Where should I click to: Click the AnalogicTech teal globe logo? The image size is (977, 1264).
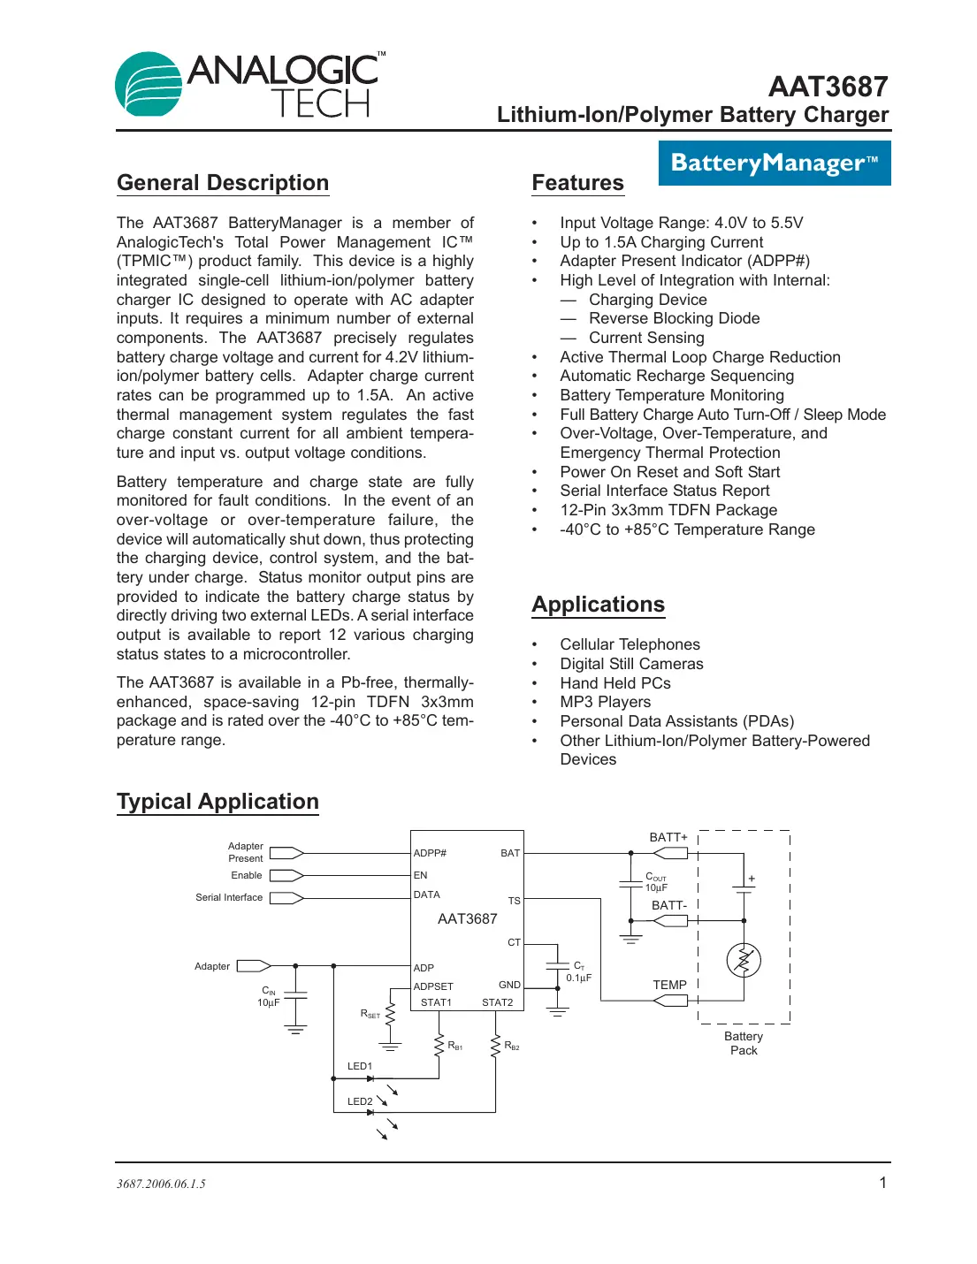click(x=149, y=84)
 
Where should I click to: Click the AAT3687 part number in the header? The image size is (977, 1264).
click(x=828, y=87)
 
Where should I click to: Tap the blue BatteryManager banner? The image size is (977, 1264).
click(x=774, y=164)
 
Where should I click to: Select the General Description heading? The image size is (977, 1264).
click(x=223, y=183)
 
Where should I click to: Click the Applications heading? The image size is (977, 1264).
click(x=598, y=605)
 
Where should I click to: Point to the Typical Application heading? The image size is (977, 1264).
click(x=218, y=802)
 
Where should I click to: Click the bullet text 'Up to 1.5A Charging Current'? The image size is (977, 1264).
click(x=661, y=242)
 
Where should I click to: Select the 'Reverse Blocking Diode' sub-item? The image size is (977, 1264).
click(x=674, y=318)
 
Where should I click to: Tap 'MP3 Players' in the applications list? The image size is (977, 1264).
click(x=605, y=702)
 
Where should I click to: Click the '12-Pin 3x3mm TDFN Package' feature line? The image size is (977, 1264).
click(x=668, y=510)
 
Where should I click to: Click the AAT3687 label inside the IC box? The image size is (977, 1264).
click(x=467, y=919)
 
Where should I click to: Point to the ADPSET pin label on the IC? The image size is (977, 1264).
click(x=433, y=986)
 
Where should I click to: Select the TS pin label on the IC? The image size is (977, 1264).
click(x=514, y=901)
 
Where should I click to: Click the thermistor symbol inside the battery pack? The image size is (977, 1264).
click(x=744, y=960)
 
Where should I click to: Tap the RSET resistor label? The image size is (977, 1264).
click(x=370, y=1014)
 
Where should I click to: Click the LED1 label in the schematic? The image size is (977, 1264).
click(x=360, y=1066)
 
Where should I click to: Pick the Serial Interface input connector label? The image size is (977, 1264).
click(x=229, y=897)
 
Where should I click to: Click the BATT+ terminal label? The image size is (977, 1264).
click(x=668, y=837)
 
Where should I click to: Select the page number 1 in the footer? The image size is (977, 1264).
click(x=882, y=1183)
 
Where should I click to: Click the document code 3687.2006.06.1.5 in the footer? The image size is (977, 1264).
click(x=161, y=1184)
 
